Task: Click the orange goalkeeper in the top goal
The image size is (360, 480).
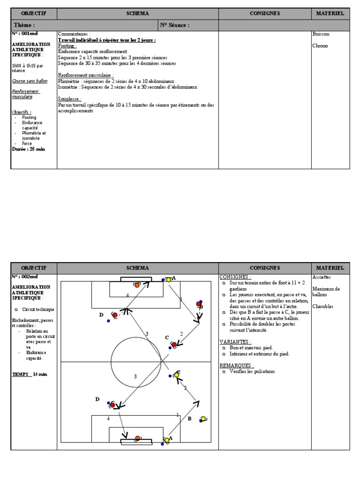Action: [136, 285]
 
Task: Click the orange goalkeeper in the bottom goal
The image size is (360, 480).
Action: [137, 438]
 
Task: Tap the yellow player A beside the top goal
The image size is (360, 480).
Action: [169, 280]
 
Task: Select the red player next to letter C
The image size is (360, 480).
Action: [174, 345]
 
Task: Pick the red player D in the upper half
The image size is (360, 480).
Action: [114, 315]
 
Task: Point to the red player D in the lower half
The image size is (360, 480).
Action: [112, 405]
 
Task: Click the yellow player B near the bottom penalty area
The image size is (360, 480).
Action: [203, 419]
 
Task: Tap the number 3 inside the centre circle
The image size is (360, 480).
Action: [135, 376]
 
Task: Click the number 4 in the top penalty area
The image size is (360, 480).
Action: [127, 295]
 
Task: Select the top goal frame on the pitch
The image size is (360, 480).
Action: [136, 279]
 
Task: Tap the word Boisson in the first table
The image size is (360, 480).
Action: [321, 34]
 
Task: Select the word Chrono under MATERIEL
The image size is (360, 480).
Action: [321, 46]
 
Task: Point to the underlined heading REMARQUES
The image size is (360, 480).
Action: [237, 365]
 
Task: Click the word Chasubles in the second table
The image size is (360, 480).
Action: [323, 307]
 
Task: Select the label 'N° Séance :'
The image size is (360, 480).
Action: [175, 25]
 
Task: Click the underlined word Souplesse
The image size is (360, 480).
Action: [70, 99]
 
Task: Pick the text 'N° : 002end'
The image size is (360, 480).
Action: [26, 277]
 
